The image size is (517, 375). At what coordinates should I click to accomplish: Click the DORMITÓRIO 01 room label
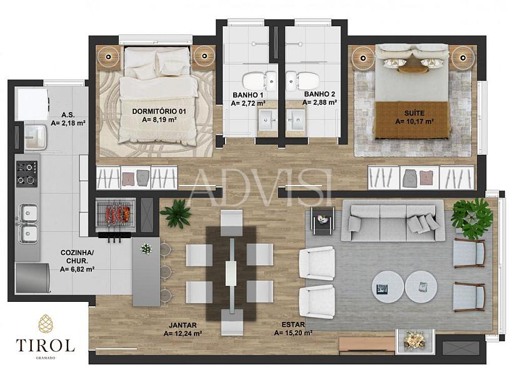(159, 111)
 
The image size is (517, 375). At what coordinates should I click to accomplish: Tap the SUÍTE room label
(414, 113)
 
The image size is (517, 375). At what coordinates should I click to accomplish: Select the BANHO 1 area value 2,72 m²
(248, 103)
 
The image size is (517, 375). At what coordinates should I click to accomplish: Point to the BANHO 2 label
(319, 94)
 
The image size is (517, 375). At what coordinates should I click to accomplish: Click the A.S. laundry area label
(68, 115)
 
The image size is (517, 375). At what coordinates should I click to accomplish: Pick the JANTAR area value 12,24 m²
(183, 334)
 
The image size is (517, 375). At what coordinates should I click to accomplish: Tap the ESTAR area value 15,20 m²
(293, 333)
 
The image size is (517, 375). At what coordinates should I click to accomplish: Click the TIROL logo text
(46, 346)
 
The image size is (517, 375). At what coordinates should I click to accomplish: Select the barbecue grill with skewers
(116, 214)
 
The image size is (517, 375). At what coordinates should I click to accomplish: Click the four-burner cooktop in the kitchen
(27, 174)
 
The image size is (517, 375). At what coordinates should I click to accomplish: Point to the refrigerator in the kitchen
(33, 277)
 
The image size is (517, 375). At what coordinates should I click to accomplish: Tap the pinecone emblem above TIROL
(46, 323)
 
